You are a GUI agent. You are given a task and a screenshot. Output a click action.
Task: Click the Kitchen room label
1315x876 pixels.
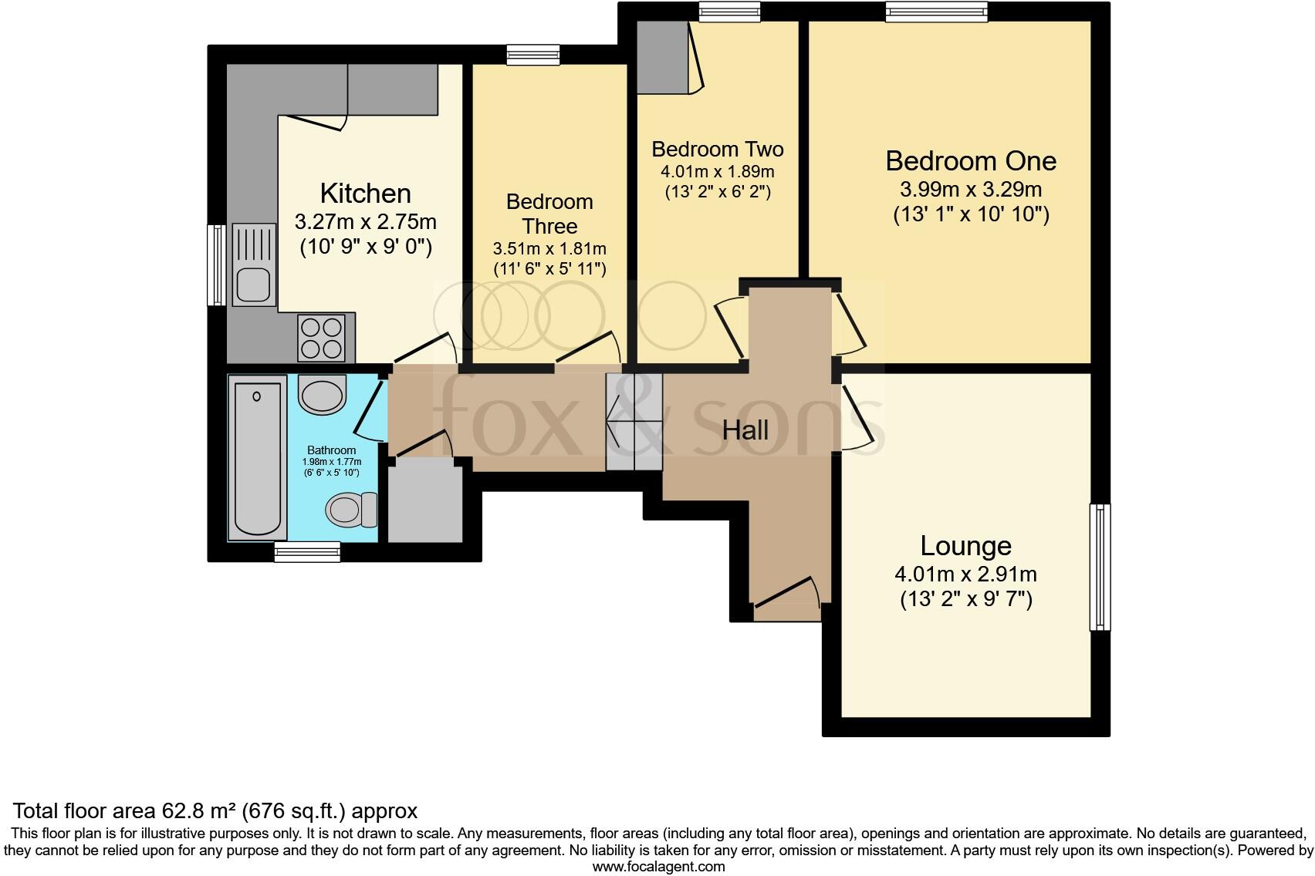click(365, 193)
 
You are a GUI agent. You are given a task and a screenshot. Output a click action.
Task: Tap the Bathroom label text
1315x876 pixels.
click(332, 450)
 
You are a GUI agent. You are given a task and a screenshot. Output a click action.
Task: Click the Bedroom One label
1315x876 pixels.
click(971, 161)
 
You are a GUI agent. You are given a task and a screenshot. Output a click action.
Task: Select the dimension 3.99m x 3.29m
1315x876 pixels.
click(971, 190)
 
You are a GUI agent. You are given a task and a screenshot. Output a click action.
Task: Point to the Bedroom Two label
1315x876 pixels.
click(717, 149)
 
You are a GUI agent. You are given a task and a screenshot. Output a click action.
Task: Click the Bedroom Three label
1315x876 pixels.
click(549, 214)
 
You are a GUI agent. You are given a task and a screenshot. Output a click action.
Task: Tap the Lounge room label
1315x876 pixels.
click(965, 546)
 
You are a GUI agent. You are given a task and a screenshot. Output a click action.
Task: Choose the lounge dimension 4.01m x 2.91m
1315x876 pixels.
click(965, 574)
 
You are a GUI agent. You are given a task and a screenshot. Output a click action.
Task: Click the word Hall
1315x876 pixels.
click(745, 430)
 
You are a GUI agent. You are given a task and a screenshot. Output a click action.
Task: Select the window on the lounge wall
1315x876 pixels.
click(1100, 567)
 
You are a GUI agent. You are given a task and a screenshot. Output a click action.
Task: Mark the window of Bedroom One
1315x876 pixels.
click(937, 10)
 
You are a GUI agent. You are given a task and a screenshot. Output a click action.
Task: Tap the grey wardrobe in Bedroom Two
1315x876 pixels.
click(662, 56)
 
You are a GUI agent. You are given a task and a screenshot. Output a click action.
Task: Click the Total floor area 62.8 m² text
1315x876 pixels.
click(215, 810)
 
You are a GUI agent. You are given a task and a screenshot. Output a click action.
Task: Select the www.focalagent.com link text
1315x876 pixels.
click(658, 866)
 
